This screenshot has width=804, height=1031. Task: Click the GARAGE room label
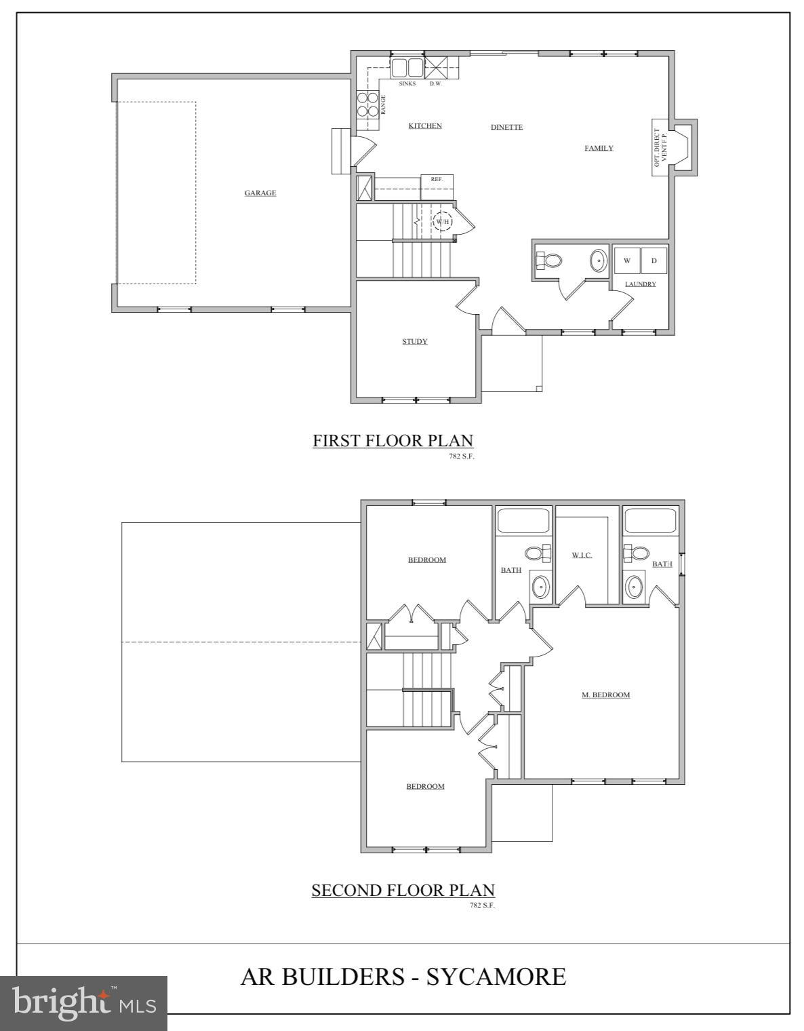260,193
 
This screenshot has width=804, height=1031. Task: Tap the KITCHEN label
425,125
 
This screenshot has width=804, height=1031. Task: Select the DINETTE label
506,127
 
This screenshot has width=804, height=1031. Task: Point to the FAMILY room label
599,148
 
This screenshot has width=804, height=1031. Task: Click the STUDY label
415,341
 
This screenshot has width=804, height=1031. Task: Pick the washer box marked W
627,260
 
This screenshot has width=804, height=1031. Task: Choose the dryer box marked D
654,260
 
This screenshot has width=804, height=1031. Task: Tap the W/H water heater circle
443,221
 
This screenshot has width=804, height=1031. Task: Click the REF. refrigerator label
437,179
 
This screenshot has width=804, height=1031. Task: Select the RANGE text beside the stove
383,104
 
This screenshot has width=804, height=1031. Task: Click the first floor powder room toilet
550,260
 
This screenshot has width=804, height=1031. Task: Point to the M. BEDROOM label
606,695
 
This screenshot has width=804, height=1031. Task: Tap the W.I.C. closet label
582,555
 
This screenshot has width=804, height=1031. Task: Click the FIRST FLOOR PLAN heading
393,441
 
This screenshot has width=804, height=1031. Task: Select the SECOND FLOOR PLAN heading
403,890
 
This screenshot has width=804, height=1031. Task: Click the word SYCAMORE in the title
496,977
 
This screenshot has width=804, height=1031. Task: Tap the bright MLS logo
83,1003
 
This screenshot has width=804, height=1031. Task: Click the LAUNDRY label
641,284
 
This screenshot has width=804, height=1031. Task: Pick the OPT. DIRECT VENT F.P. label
660,148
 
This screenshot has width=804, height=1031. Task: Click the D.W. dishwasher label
435,83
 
